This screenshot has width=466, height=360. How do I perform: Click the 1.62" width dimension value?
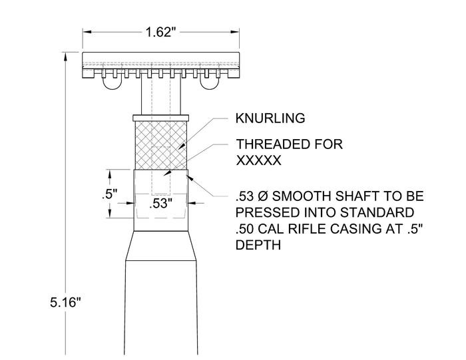click(x=161, y=32)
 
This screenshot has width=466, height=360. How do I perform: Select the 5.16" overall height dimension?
click(x=65, y=303)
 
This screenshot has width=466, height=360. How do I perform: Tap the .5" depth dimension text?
click(x=109, y=194)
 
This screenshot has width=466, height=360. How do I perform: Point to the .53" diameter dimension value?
click(x=160, y=204)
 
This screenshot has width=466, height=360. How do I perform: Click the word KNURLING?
click(x=270, y=118)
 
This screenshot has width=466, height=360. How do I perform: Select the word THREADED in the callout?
click(x=271, y=144)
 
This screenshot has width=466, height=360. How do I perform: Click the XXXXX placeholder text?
click(x=258, y=160)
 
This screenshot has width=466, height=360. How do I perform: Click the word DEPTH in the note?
click(x=258, y=246)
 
